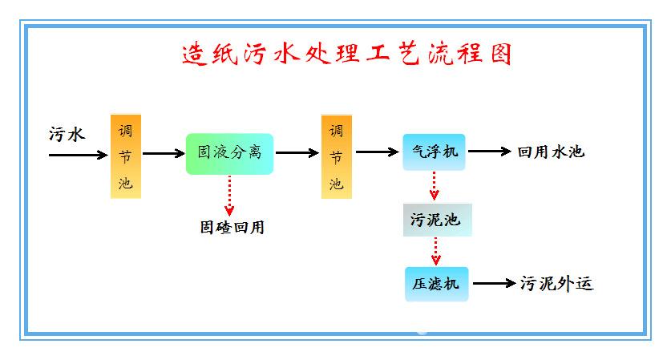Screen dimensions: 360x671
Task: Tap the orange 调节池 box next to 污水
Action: (125, 156)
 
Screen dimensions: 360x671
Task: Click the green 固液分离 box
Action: (229, 153)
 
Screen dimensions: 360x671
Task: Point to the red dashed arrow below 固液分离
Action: (229, 194)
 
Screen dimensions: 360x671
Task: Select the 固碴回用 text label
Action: (232, 227)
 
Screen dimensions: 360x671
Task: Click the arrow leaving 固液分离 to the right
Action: (296, 152)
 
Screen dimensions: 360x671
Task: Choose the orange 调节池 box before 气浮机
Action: (337, 156)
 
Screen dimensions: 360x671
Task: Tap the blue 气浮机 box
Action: (435, 151)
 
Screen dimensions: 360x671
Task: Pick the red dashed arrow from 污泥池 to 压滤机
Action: (436, 250)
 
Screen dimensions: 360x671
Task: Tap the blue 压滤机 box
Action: (436, 284)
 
